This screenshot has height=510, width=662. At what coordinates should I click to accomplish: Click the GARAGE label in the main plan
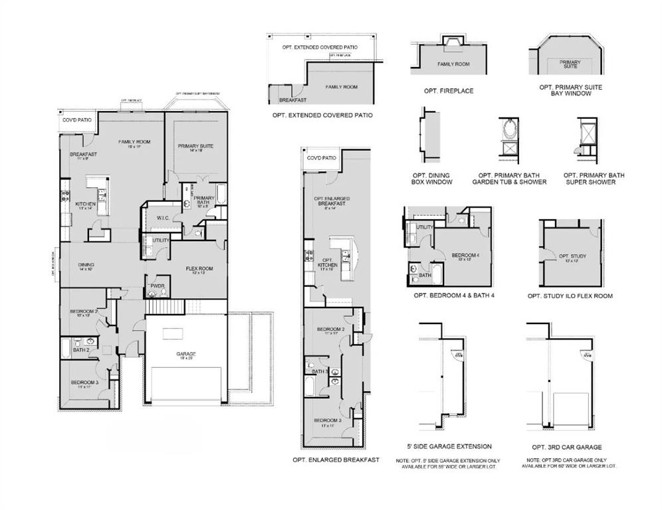pos(186,354)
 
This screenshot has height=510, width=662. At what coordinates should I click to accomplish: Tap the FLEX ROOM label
pos(199,268)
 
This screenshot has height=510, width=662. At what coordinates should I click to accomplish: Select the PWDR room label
pos(157,286)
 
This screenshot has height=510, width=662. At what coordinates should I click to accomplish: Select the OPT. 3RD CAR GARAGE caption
pos(567,447)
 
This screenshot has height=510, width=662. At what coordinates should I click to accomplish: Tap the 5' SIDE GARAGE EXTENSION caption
pos(449,446)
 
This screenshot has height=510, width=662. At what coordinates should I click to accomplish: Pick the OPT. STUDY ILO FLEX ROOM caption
pos(570,296)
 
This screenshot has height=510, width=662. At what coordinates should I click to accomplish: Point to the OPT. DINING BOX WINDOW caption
pos(433,179)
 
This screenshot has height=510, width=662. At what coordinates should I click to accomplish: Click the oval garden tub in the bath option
pos(510,127)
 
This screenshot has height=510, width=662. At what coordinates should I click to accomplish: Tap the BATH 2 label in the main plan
pos(82,350)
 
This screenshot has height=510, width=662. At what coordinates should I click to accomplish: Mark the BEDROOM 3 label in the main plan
pos(85,382)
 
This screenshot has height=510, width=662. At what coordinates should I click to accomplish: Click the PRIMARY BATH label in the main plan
pos(203,201)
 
